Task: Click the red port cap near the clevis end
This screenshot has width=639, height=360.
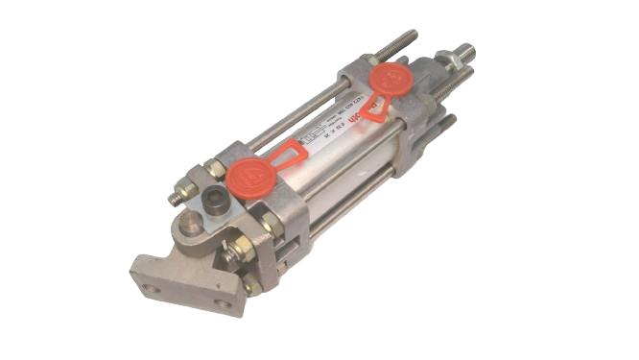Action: pos(252,175)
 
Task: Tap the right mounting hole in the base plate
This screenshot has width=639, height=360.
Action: pos(223,304)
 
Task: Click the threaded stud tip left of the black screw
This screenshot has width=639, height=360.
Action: pos(175,199)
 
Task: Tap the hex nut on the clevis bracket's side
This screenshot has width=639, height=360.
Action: pos(270,224)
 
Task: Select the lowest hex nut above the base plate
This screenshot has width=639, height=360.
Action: pos(250,285)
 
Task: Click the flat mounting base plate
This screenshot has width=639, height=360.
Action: pos(182,284)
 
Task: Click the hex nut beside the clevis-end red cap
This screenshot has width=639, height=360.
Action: pos(217,168)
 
